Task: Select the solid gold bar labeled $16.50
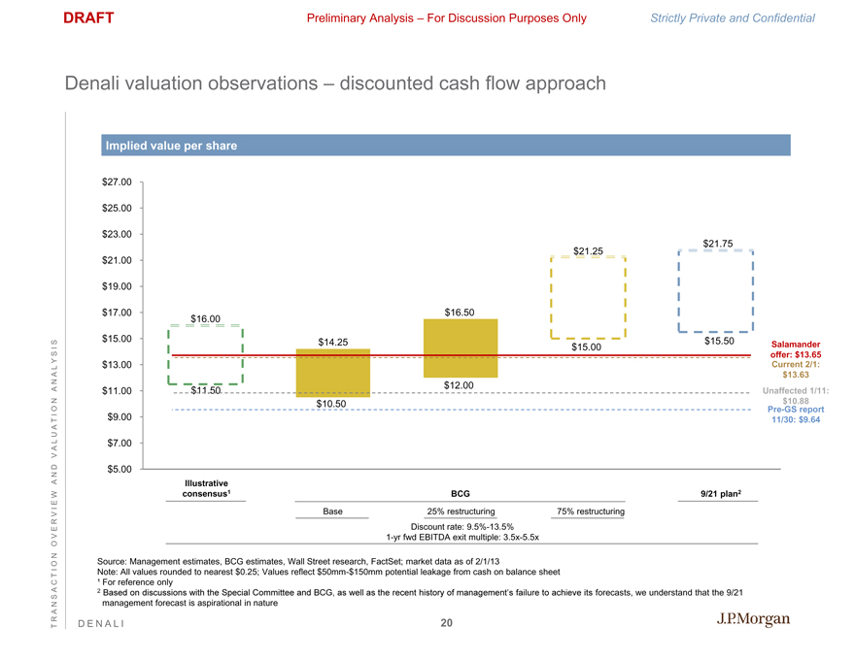tap(461, 347)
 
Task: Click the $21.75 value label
tap(717, 243)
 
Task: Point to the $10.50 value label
tap(331, 404)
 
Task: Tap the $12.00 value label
tap(459, 385)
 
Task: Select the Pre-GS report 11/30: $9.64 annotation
tap(795, 414)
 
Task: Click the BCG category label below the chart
tap(462, 494)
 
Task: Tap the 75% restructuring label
tap(590, 511)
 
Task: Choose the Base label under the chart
tap(333, 511)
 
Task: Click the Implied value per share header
tap(170, 147)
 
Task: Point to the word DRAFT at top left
tap(88, 17)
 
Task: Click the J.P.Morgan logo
tap(753, 620)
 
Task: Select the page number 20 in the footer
tap(446, 623)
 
